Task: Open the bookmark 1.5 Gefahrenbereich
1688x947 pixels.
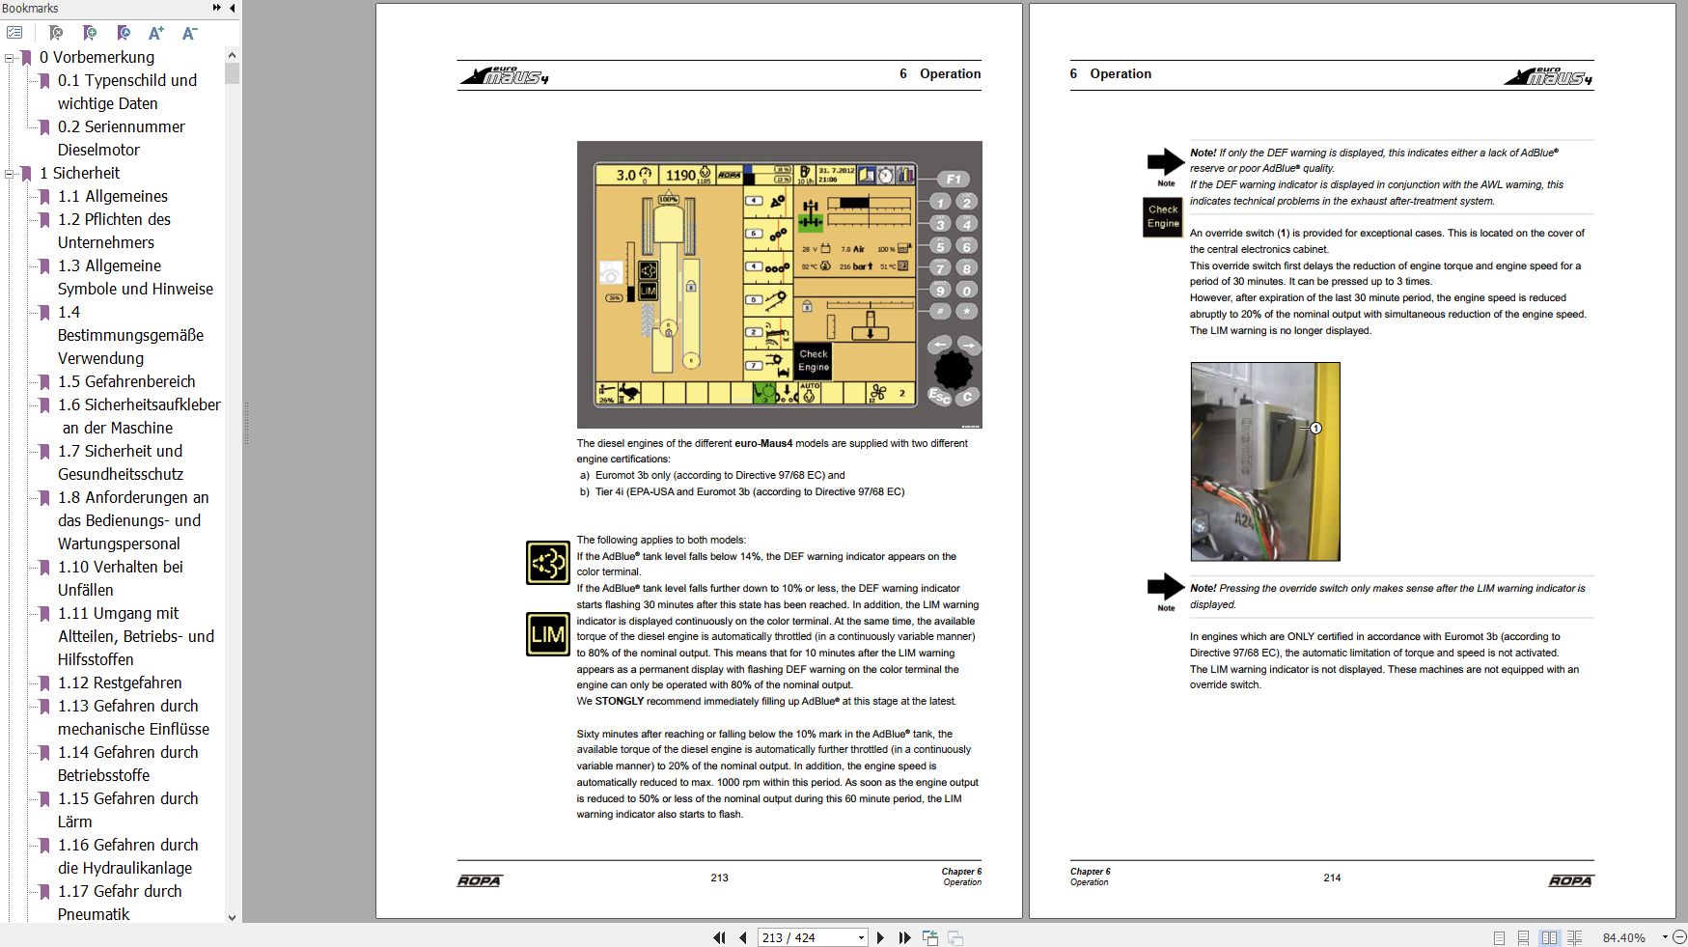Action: (x=125, y=381)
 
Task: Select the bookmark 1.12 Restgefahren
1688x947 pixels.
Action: (x=119, y=682)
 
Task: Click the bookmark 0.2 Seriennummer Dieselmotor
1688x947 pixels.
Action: (x=121, y=126)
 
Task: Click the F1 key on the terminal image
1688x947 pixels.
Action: (x=953, y=179)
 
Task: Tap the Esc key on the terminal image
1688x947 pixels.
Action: (x=938, y=395)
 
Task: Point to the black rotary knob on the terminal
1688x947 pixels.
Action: (x=953, y=369)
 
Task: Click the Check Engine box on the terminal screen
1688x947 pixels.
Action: (x=813, y=360)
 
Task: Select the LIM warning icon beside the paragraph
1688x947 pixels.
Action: (x=547, y=634)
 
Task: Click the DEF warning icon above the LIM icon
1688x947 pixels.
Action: (x=547, y=563)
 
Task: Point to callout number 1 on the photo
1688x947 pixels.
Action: (x=1315, y=428)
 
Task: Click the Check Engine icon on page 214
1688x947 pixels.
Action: (x=1162, y=216)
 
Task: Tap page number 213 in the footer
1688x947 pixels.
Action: (x=719, y=877)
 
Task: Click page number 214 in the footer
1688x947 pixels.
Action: (x=1332, y=877)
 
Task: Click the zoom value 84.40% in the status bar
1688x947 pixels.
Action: (x=1623, y=937)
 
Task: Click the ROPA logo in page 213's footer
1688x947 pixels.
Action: (x=480, y=880)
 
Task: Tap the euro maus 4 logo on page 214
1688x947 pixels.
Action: (x=1548, y=76)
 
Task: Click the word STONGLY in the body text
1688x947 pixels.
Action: (x=619, y=701)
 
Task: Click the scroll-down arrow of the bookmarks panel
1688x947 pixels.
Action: (x=232, y=917)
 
